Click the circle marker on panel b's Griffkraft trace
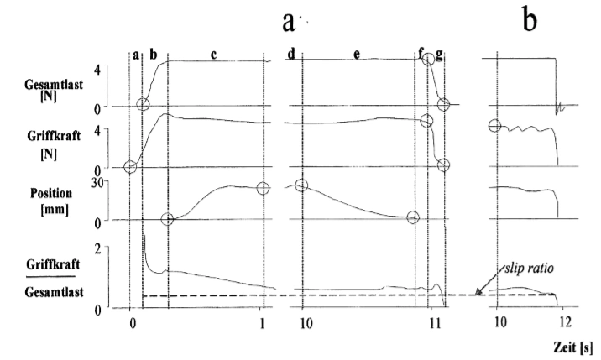494,126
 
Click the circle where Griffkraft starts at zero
130,166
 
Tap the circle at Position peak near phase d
301,185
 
